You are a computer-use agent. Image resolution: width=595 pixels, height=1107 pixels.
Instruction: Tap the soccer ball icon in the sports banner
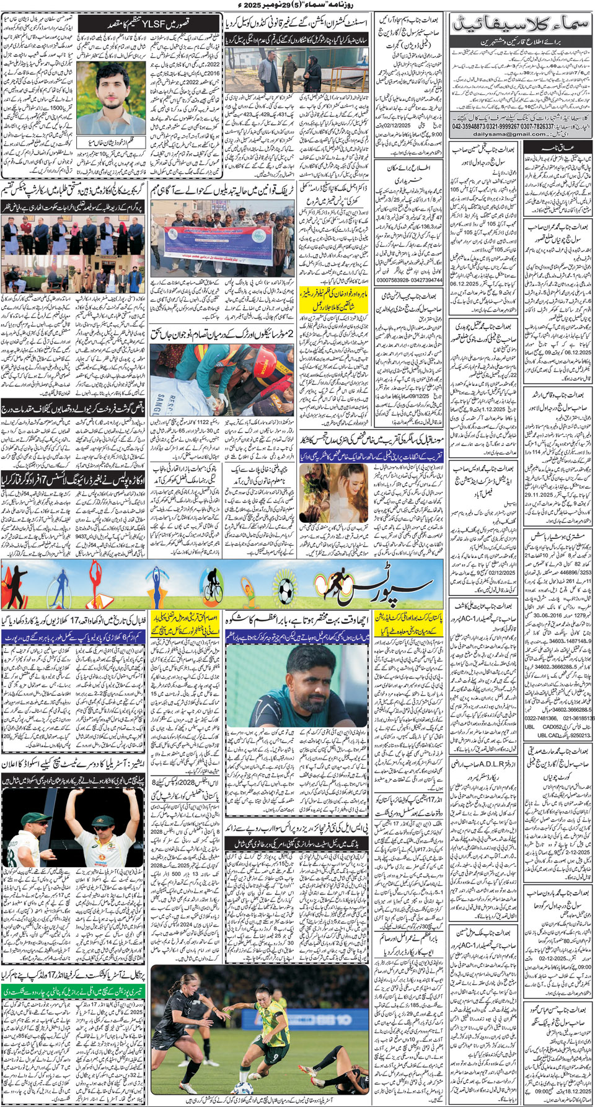pyautogui.click(x=285, y=589)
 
